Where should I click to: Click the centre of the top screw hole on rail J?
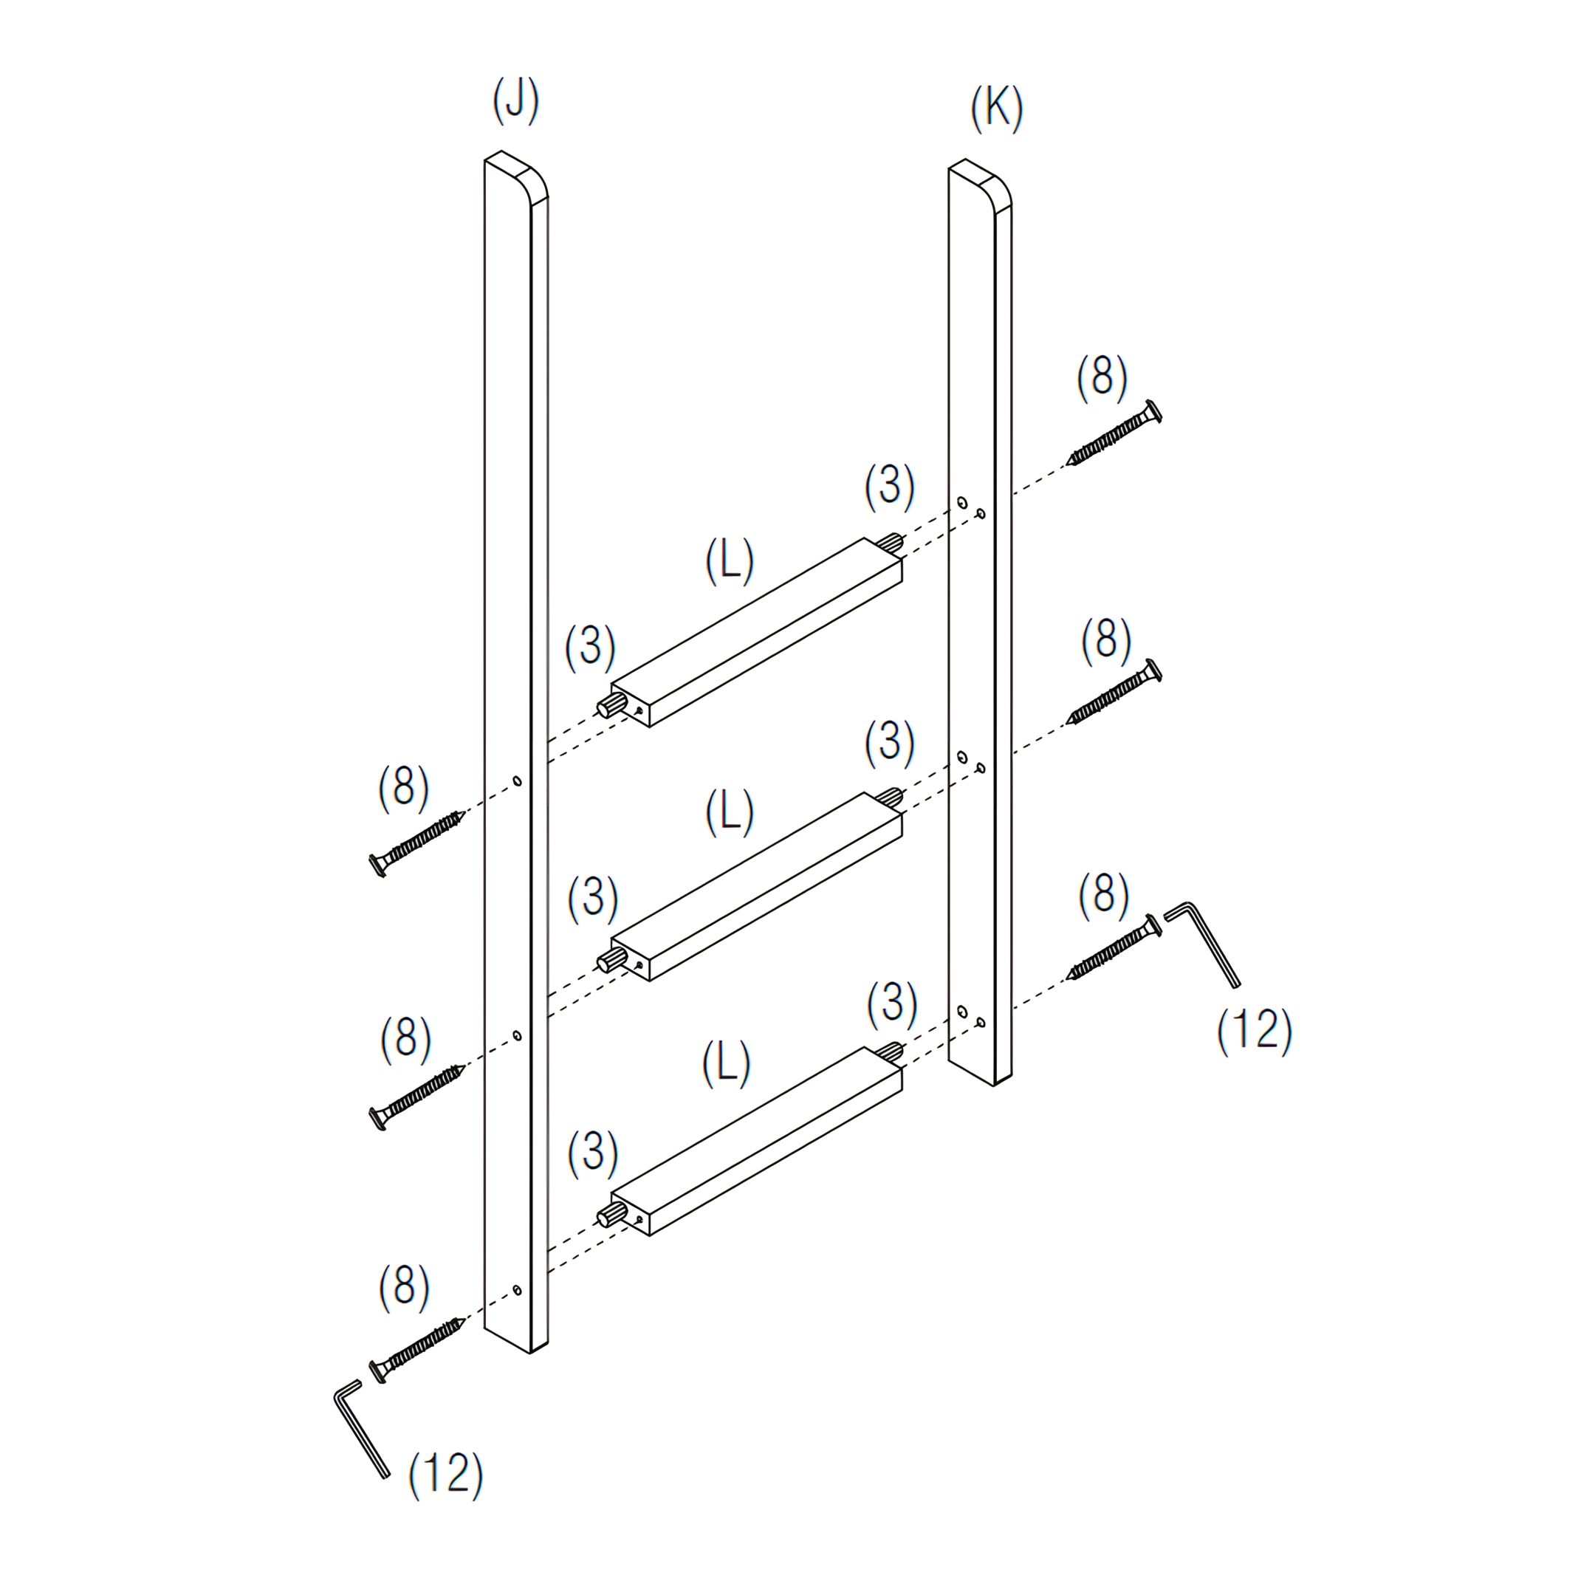(517, 781)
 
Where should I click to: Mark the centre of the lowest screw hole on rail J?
(517, 1289)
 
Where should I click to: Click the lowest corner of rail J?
(529, 1353)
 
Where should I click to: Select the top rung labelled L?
(756, 632)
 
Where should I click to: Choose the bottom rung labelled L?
(756, 1142)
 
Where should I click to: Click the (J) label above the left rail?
(515, 100)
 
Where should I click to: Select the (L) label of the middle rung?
(729, 812)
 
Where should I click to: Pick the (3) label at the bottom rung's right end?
(891, 1005)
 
